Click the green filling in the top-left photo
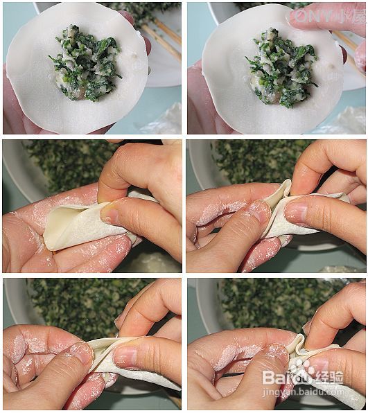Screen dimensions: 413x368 (x=86, y=64)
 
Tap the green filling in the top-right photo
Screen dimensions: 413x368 (x=281, y=68)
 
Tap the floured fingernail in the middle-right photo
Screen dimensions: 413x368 (x=259, y=210)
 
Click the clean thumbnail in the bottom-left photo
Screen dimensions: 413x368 (x=125, y=357)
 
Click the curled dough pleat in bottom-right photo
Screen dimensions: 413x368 (x=299, y=345)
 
